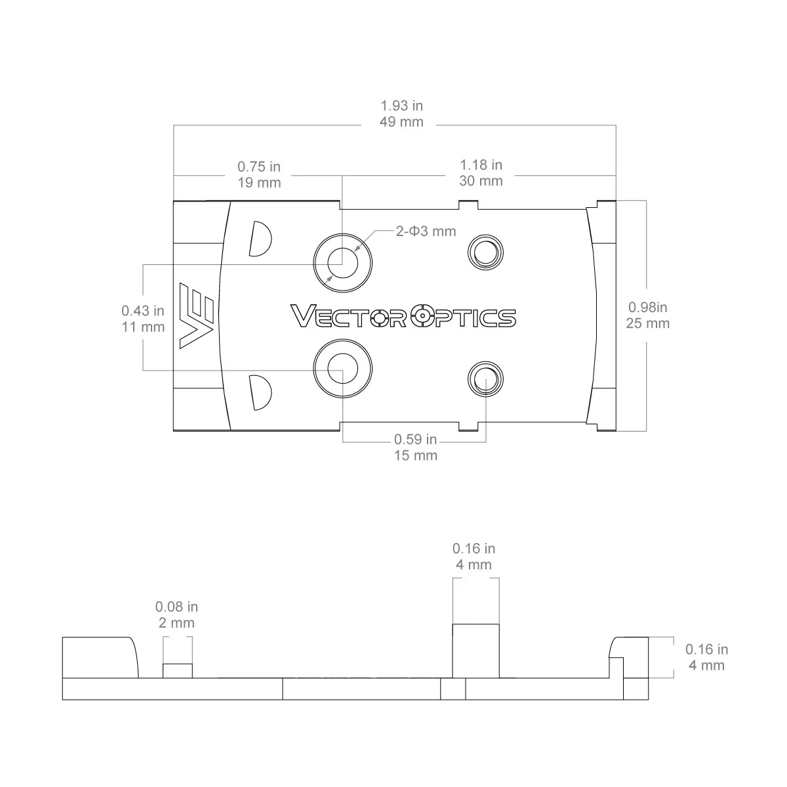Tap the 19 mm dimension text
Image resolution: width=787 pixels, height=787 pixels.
tap(259, 182)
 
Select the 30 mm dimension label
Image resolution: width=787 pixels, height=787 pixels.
tap(481, 181)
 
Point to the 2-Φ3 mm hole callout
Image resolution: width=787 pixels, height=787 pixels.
tap(426, 231)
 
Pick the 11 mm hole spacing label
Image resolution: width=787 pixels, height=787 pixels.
tap(144, 327)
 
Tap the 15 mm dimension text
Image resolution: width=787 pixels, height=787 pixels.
tap(416, 455)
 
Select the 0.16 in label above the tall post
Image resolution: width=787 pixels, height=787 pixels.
tap(474, 548)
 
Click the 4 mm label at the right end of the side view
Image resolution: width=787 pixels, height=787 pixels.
tap(706, 665)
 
